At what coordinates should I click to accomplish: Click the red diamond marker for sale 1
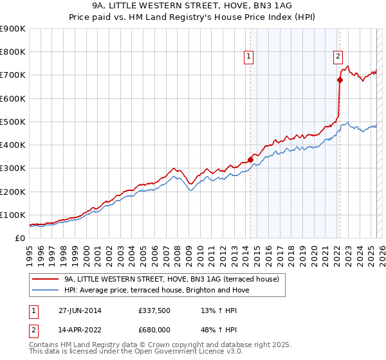coord(250,160)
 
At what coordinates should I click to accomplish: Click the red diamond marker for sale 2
coord(339,80)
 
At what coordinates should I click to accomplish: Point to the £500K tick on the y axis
coord(13,122)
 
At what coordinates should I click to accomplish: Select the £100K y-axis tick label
coord(13,215)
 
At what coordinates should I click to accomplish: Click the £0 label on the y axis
coord(19,238)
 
